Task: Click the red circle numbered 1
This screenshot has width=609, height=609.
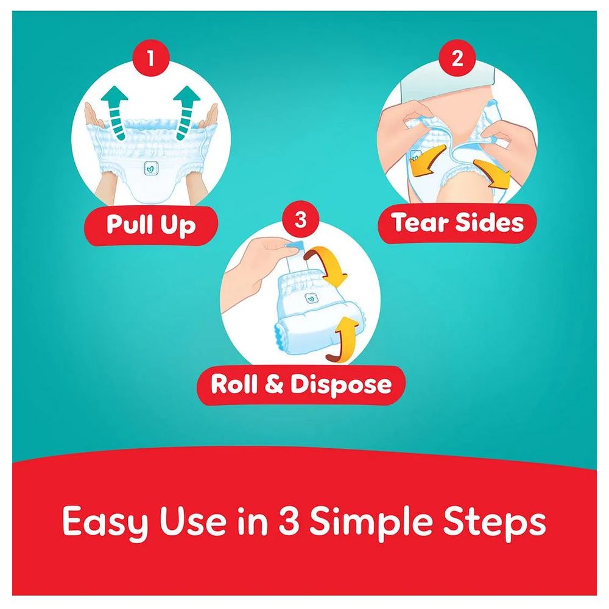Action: (x=151, y=58)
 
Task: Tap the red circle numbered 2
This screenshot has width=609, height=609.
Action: (x=457, y=58)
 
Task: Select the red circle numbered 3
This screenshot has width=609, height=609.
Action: (x=301, y=219)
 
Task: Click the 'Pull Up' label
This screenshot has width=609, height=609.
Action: (x=151, y=225)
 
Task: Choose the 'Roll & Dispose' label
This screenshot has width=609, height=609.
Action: (x=301, y=384)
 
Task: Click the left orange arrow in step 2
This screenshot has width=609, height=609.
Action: (x=428, y=161)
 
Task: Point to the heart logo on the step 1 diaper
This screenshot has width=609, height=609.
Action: (x=150, y=168)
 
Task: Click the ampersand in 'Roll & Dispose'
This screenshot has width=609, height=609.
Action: (x=274, y=384)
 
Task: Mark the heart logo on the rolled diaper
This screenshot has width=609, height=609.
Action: (x=311, y=298)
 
